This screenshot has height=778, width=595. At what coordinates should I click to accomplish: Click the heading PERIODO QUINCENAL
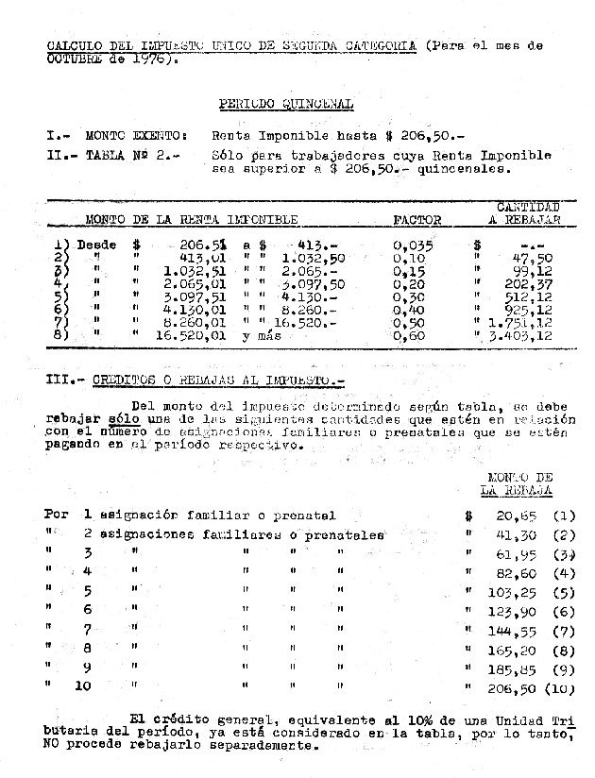tap(285, 104)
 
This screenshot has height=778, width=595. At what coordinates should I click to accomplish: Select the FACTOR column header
tap(416, 220)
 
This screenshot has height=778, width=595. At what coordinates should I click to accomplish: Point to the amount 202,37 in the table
tap(535, 282)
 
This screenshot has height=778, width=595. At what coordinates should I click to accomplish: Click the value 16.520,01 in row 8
tap(195, 335)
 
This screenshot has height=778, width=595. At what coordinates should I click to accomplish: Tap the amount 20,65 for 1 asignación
tap(516, 516)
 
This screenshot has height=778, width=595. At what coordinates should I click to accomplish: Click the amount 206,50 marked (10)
tap(512, 687)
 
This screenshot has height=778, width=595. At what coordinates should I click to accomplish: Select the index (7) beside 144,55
tap(564, 631)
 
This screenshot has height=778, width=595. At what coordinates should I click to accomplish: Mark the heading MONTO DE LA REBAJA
tap(516, 484)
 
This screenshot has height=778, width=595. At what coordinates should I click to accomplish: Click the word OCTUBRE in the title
tap(75, 58)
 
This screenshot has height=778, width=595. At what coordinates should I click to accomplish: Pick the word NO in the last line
tap(51, 744)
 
